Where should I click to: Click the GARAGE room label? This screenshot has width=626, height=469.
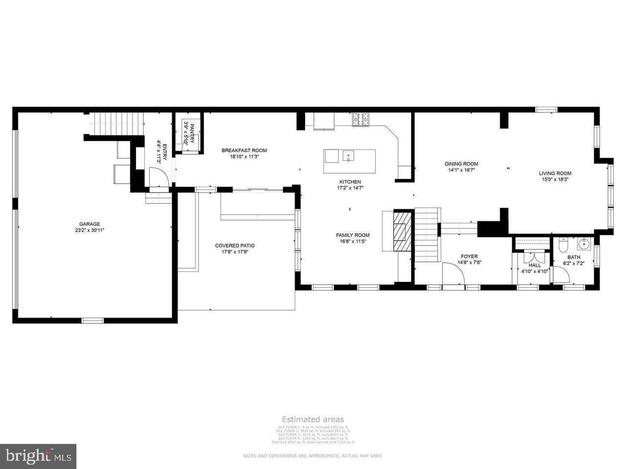pos(89,224)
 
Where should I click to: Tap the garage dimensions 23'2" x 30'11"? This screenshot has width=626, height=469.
pos(89,230)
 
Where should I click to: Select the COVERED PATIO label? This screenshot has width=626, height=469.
pos(235,246)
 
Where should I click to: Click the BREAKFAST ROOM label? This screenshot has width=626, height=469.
pos(244,150)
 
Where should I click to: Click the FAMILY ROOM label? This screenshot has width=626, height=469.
pos(353,235)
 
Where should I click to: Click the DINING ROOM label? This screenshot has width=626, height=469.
pos(461,164)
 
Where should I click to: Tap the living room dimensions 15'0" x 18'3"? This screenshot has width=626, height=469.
pos(555,179)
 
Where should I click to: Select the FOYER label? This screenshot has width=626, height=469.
pos(469,256)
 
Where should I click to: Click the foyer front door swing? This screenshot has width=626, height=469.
pos(453,274)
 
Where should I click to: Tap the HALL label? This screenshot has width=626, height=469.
pos(535,265)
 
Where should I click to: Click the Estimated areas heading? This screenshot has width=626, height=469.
pos(313,419)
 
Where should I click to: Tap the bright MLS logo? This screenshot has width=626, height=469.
pos(38,456)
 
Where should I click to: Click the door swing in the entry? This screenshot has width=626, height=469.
pos(158,177)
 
